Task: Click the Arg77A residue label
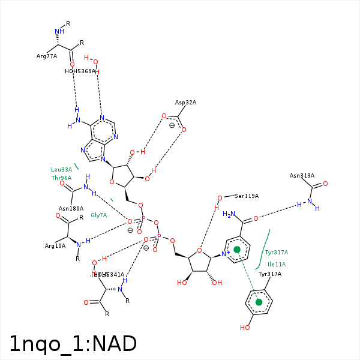tap(47, 56)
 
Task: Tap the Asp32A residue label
tap(185, 103)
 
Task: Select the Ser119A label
tap(247, 196)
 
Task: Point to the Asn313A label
tap(302, 176)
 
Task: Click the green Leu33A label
tap(61, 170)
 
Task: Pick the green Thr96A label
tap(61, 178)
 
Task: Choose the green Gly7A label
tap(98, 215)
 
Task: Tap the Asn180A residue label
tap(71, 209)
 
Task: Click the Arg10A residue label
tap(55, 246)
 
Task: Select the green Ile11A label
tap(277, 264)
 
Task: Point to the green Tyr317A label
tap(277, 253)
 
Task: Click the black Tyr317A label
tap(269, 274)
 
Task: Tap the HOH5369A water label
tap(80, 71)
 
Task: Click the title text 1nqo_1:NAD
tap(73, 344)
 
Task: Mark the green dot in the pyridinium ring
tap(237, 249)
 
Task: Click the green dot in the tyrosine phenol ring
tap(259, 302)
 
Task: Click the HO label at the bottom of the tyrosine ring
tap(245, 328)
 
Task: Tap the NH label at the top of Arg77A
tap(59, 31)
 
